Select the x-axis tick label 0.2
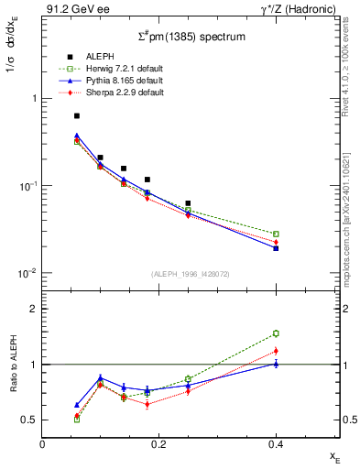[158, 444]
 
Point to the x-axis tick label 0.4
[275, 444]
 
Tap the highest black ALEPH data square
[77, 116]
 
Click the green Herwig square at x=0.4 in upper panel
[275, 234]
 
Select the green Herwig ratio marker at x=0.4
[275, 333]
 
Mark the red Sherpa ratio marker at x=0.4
[275, 351]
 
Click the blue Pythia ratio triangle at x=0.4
[275, 364]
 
